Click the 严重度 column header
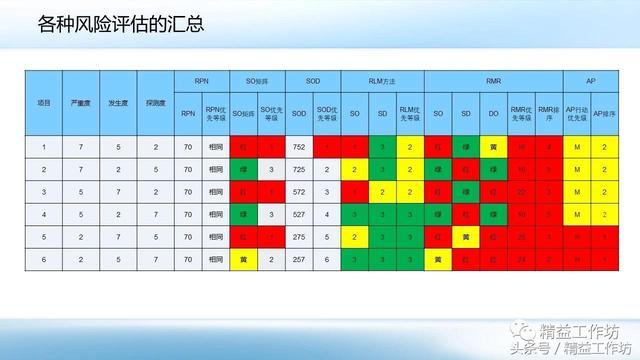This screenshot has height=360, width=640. tap(84, 103)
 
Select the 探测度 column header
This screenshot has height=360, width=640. tap(156, 103)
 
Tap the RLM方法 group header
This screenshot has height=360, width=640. tap(382, 78)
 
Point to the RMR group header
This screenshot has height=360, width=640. tap(493, 78)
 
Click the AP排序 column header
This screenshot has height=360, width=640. tap(605, 114)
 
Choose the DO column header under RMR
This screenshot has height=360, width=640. tap(493, 114)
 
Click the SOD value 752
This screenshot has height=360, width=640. tap(299, 147)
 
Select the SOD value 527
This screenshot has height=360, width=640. tap(299, 214)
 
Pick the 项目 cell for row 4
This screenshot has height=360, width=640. tap(43, 214)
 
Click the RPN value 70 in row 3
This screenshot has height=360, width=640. tap(188, 191)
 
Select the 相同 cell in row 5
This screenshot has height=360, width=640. tap(215, 236)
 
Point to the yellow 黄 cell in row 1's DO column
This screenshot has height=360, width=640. tap(493, 147)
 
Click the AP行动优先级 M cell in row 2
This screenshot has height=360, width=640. tap(577, 169)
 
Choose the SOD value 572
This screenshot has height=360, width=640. tap(299, 191)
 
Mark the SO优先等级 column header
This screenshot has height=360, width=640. tap(271, 114)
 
